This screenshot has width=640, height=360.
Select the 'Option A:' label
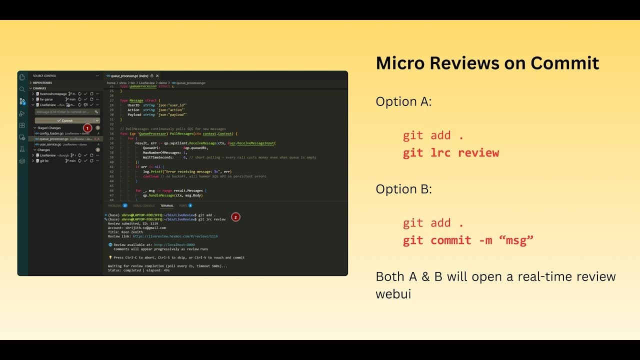pos(403,101)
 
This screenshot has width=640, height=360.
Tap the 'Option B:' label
pos(403,189)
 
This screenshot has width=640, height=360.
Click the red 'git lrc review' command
pos(450,152)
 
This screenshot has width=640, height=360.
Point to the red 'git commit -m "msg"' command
pos(468,240)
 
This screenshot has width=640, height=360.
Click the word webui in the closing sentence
pos(393,293)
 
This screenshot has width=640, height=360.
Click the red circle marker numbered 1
pos(87,128)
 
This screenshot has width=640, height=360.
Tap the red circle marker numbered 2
pos(235,217)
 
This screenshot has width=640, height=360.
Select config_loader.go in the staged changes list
pos(51,133)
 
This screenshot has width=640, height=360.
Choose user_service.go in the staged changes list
pos(50,144)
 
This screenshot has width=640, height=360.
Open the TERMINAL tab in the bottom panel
pos(166,205)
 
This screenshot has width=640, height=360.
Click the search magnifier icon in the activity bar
pos(22,89)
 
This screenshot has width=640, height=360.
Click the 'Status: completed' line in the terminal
pos(138,270)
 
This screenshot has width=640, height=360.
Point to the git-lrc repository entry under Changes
pos(44,161)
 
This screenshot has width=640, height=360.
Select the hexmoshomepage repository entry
pos(53,93)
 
